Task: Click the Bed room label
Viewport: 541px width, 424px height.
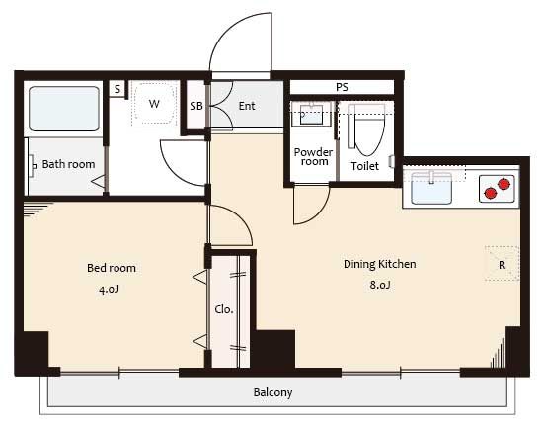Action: (x=112, y=268)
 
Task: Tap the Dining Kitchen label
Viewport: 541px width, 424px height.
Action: (x=379, y=264)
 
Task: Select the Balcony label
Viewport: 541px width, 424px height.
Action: (x=272, y=392)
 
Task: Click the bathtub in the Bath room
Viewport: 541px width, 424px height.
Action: (x=64, y=109)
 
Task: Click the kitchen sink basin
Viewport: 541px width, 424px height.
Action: (x=431, y=188)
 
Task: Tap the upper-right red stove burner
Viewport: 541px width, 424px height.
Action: (x=503, y=184)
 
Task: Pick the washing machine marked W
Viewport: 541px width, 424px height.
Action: (x=154, y=103)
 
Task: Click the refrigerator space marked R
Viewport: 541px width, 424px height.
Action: (x=502, y=264)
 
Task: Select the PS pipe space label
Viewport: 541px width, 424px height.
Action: (x=342, y=87)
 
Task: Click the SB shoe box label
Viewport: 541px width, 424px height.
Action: (x=196, y=106)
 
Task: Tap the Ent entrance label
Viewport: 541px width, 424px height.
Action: (x=247, y=106)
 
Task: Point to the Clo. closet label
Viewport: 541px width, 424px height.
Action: (x=224, y=309)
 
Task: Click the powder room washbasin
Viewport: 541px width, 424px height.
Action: (x=311, y=114)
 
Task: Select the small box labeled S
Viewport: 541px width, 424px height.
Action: (x=117, y=89)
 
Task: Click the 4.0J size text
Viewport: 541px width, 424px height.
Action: (x=109, y=289)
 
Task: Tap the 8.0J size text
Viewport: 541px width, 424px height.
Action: (x=380, y=285)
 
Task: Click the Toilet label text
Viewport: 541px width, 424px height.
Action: (x=364, y=166)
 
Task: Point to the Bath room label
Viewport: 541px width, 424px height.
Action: (x=68, y=164)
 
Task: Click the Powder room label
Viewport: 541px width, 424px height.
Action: (x=313, y=157)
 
